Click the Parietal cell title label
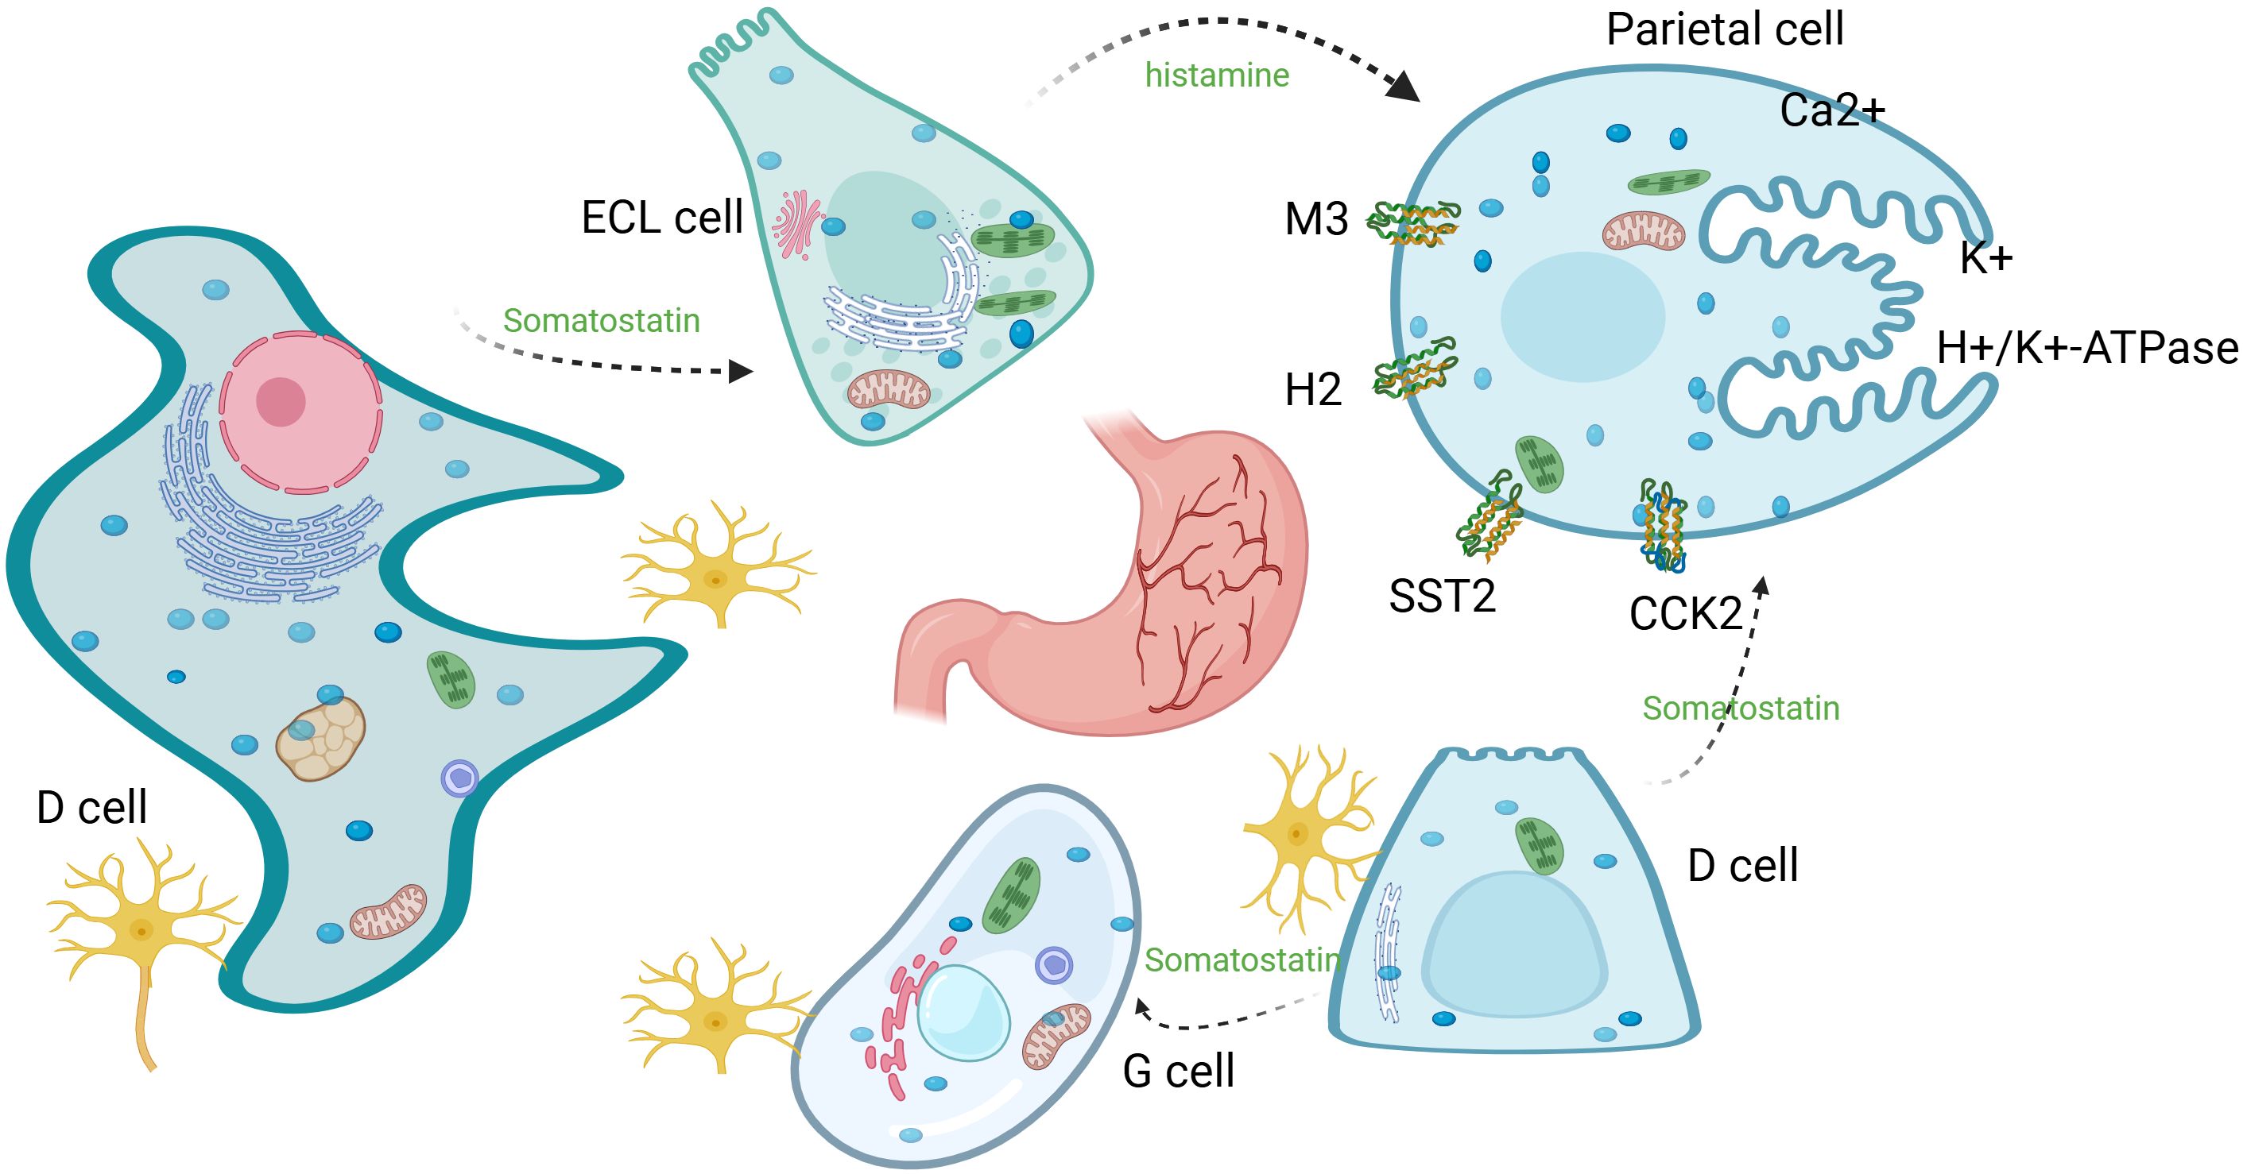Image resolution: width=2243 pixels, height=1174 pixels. coord(1724,29)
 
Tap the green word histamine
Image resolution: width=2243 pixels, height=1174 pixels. coord(1216,75)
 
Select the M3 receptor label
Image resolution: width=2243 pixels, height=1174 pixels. coord(1315,219)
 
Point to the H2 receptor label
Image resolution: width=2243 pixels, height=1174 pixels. coord(1313,390)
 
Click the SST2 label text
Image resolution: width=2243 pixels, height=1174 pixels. coord(1442,597)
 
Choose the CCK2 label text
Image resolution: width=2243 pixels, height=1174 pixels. coord(1685,615)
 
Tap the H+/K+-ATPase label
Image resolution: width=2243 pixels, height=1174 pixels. coord(2087,348)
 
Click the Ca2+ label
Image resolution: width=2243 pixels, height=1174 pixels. coord(1832,110)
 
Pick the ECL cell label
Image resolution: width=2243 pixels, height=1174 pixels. coord(662,217)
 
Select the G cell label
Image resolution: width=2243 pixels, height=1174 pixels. coord(1178,1072)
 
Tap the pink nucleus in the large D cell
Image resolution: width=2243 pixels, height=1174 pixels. coord(300,411)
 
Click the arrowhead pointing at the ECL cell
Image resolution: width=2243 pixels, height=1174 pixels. coord(741,373)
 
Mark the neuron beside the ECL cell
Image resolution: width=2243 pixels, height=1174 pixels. coord(718,566)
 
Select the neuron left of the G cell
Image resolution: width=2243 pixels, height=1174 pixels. coord(718,1010)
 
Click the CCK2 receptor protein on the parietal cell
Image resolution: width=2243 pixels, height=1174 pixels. coord(1661,524)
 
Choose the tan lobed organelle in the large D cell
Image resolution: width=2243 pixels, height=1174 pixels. coord(320,738)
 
